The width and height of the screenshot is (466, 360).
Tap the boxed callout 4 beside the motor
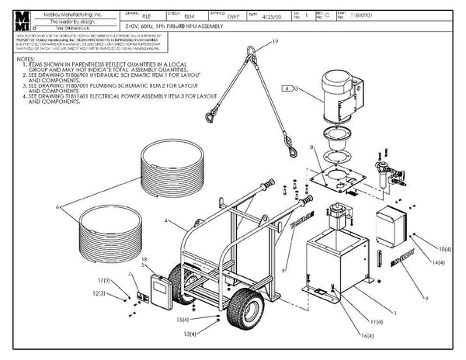(288, 91)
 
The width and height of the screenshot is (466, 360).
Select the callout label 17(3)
(105, 279)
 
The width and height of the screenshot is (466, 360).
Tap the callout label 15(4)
(183, 319)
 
